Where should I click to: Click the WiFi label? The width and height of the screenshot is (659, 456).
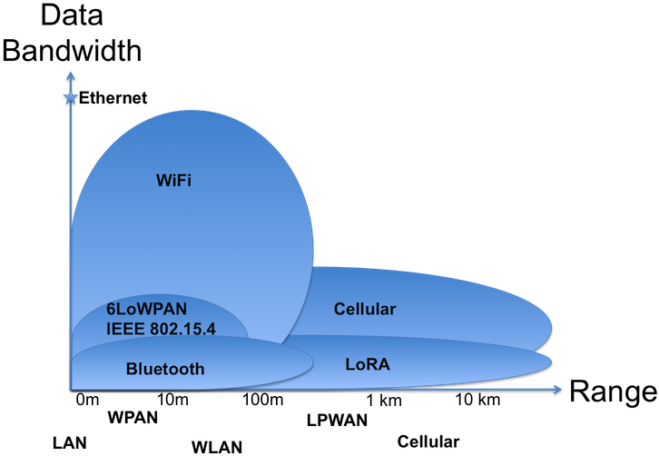pos(173,180)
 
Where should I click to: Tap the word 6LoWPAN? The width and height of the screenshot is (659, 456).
pos(146,310)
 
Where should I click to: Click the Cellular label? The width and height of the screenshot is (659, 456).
pos(364,310)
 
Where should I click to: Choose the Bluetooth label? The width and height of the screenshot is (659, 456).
pos(165,369)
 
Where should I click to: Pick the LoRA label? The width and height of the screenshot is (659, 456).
pos(369,365)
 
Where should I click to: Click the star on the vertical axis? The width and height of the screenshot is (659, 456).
pos(71,97)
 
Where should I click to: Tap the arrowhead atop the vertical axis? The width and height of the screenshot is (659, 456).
pos(71,72)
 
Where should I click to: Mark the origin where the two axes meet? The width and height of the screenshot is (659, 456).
pos(71,389)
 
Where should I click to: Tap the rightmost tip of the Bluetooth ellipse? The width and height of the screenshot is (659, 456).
pos(313,362)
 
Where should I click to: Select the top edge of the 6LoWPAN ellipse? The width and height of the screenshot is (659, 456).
pos(160,293)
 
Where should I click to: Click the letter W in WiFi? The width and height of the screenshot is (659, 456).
pos(162,180)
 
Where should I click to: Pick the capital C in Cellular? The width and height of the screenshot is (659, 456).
pos(339,310)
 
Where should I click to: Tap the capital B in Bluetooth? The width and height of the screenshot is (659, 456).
pos(131,369)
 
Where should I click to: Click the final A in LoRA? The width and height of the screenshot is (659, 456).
pos(386,365)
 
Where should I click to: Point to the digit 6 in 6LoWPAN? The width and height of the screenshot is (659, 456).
pos(111,310)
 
